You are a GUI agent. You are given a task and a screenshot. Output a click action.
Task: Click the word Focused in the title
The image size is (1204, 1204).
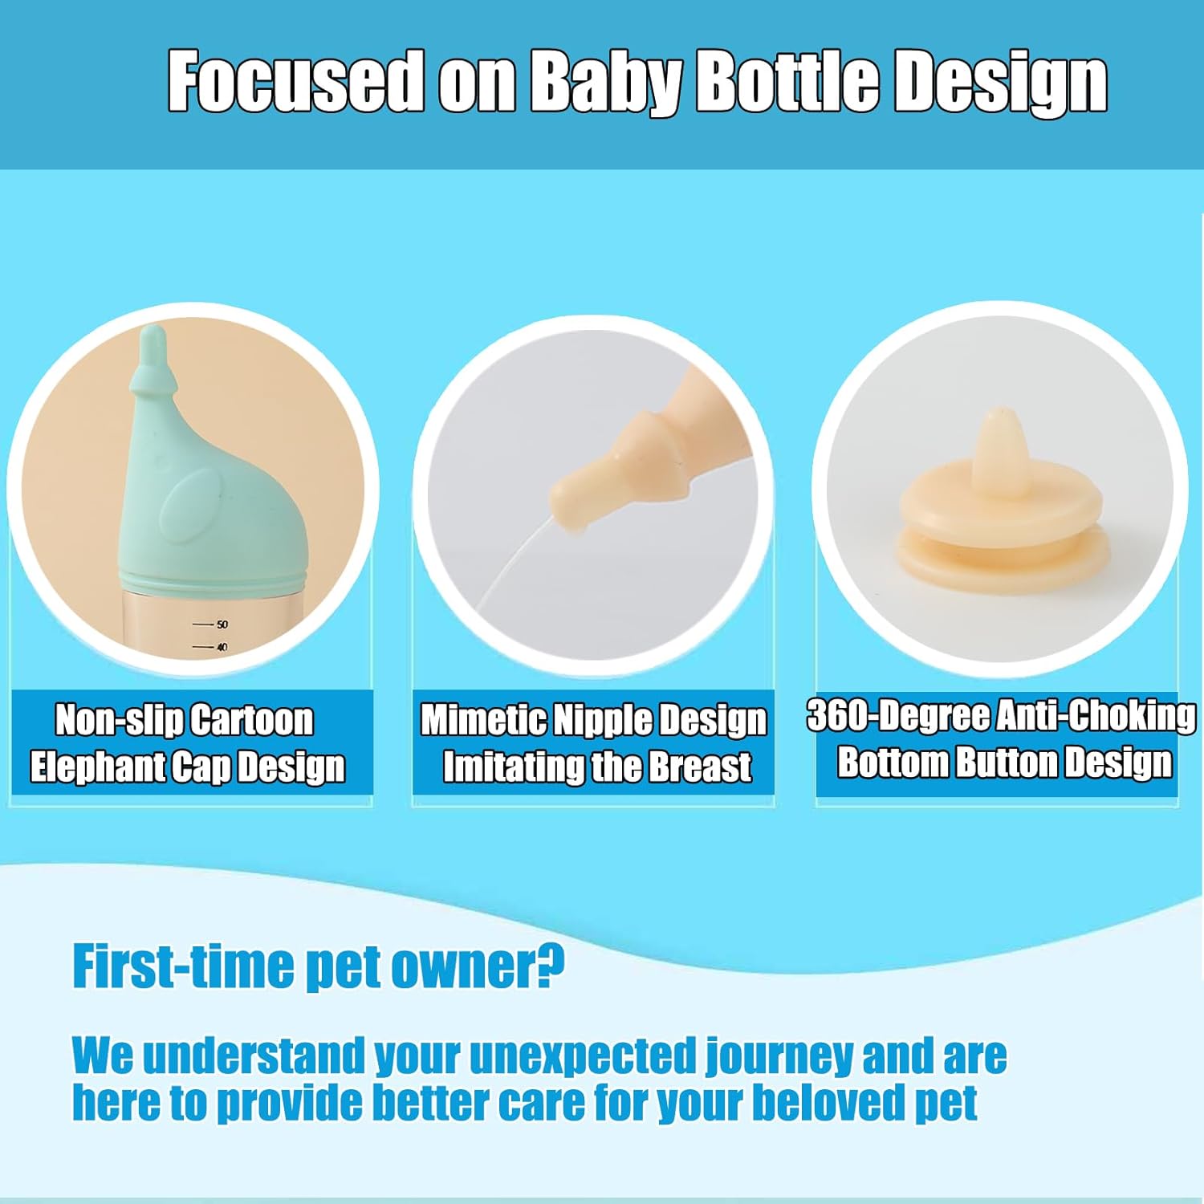point(295,82)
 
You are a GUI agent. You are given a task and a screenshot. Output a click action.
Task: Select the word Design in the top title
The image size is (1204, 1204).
point(1001,83)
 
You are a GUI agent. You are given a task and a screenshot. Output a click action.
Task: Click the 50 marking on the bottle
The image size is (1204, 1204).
point(222,624)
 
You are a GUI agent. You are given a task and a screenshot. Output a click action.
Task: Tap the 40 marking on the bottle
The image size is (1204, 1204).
point(222,646)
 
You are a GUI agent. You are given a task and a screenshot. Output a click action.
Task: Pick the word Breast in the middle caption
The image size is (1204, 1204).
point(700,767)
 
